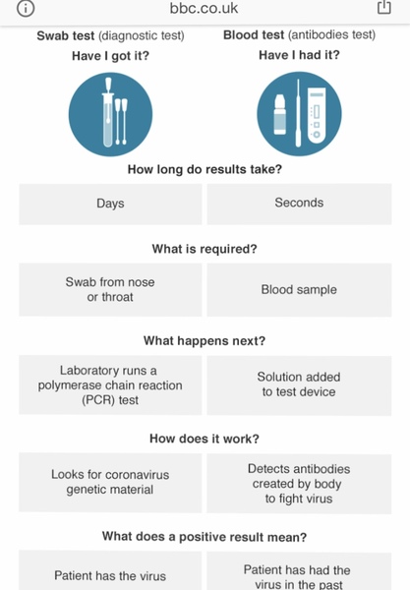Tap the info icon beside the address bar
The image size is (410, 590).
[x=26, y=8]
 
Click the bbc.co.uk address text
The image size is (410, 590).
[x=204, y=8]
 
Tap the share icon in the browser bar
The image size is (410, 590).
[x=384, y=7]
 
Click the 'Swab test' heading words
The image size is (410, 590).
[x=66, y=35]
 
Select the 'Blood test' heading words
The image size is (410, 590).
[x=254, y=35]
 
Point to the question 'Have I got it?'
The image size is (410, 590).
[x=110, y=56]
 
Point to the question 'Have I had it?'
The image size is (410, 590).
[x=299, y=55]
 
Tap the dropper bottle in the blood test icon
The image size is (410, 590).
[x=280, y=114]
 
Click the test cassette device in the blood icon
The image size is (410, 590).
[x=317, y=115]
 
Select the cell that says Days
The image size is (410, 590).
[x=110, y=204]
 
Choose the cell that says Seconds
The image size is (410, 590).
[x=299, y=204]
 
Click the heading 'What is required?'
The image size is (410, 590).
[x=205, y=249]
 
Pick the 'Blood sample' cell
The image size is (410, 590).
[x=299, y=290]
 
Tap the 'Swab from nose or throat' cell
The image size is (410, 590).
[x=110, y=290]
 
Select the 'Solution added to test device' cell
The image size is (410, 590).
[x=299, y=385]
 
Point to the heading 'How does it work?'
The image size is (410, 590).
[x=205, y=439]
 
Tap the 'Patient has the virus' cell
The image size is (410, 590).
[x=110, y=571]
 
